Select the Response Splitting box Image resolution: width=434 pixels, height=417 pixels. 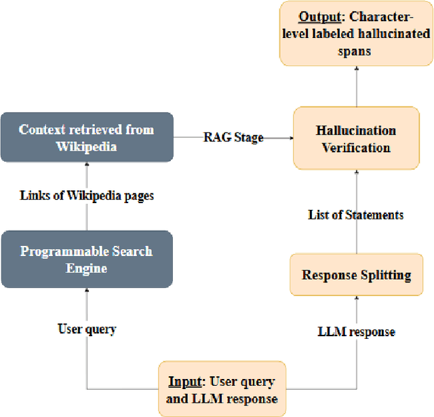(356, 275)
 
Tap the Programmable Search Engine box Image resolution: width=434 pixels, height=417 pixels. (86, 259)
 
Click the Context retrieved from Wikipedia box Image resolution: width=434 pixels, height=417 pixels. (86, 138)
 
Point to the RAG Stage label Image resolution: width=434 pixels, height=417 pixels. (233, 137)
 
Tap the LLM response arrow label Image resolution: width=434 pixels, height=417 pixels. (357, 331)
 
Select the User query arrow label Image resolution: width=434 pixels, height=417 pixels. (87, 329)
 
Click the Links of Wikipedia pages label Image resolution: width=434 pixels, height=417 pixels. (86, 196)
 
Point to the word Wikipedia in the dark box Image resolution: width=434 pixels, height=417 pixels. (86, 146)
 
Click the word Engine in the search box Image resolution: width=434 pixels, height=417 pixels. (86, 268)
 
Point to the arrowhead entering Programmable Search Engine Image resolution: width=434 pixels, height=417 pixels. (86, 291)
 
